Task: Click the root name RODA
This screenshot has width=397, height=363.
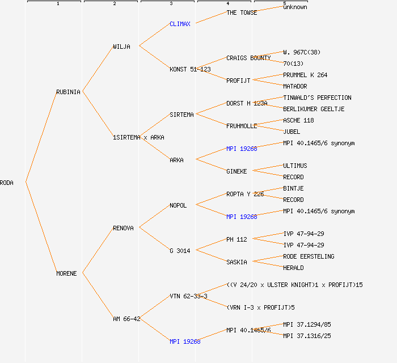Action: tap(7, 183)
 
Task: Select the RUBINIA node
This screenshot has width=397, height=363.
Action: tap(68, 92)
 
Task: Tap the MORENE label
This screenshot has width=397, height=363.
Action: tap(66, 273)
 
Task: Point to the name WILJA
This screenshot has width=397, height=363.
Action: tap(121, 47)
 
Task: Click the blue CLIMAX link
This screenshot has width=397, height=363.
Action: tap(181, 24)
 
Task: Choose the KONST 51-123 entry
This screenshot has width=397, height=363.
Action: tap(190, 69)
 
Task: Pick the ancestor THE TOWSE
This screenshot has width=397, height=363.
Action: tap(242, 12)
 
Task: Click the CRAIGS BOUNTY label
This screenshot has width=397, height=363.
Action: tap(248, 58)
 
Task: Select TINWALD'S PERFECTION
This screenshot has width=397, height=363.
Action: tap(317, 98)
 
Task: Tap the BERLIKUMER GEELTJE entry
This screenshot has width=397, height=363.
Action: tap(314, 109)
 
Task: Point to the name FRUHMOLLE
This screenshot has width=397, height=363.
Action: tap(242, 126)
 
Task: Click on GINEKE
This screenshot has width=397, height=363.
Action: tap(236, 171)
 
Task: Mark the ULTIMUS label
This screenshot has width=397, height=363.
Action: tap(295, 166)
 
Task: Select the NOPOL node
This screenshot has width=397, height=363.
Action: tap(178, 205)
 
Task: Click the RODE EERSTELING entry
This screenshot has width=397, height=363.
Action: tap(309, 256)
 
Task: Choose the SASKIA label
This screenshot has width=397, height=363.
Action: tap(236, 262)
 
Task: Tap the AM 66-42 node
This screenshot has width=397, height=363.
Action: tap(126, 319)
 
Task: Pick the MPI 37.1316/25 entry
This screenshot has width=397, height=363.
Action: tap(307, 336)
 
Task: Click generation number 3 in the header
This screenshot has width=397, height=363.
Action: tap(171, 4)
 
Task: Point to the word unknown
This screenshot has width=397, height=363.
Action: tap(295, 7)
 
